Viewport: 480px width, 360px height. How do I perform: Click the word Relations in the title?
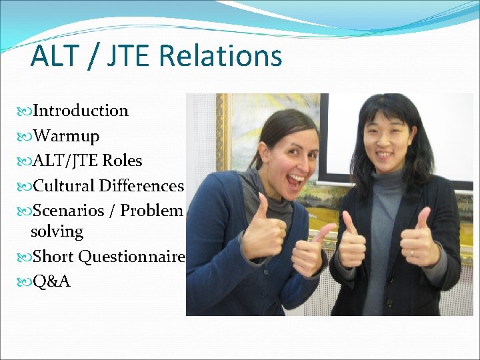coord(221,56)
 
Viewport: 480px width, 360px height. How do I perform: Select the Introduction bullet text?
coord(81,111)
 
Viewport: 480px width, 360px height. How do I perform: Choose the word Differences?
coord(142,185)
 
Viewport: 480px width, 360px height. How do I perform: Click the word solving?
coord(57,232)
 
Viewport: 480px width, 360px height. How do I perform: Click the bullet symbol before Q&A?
coord(26,281)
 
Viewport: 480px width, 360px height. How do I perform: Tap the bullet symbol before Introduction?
coord(26,111)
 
